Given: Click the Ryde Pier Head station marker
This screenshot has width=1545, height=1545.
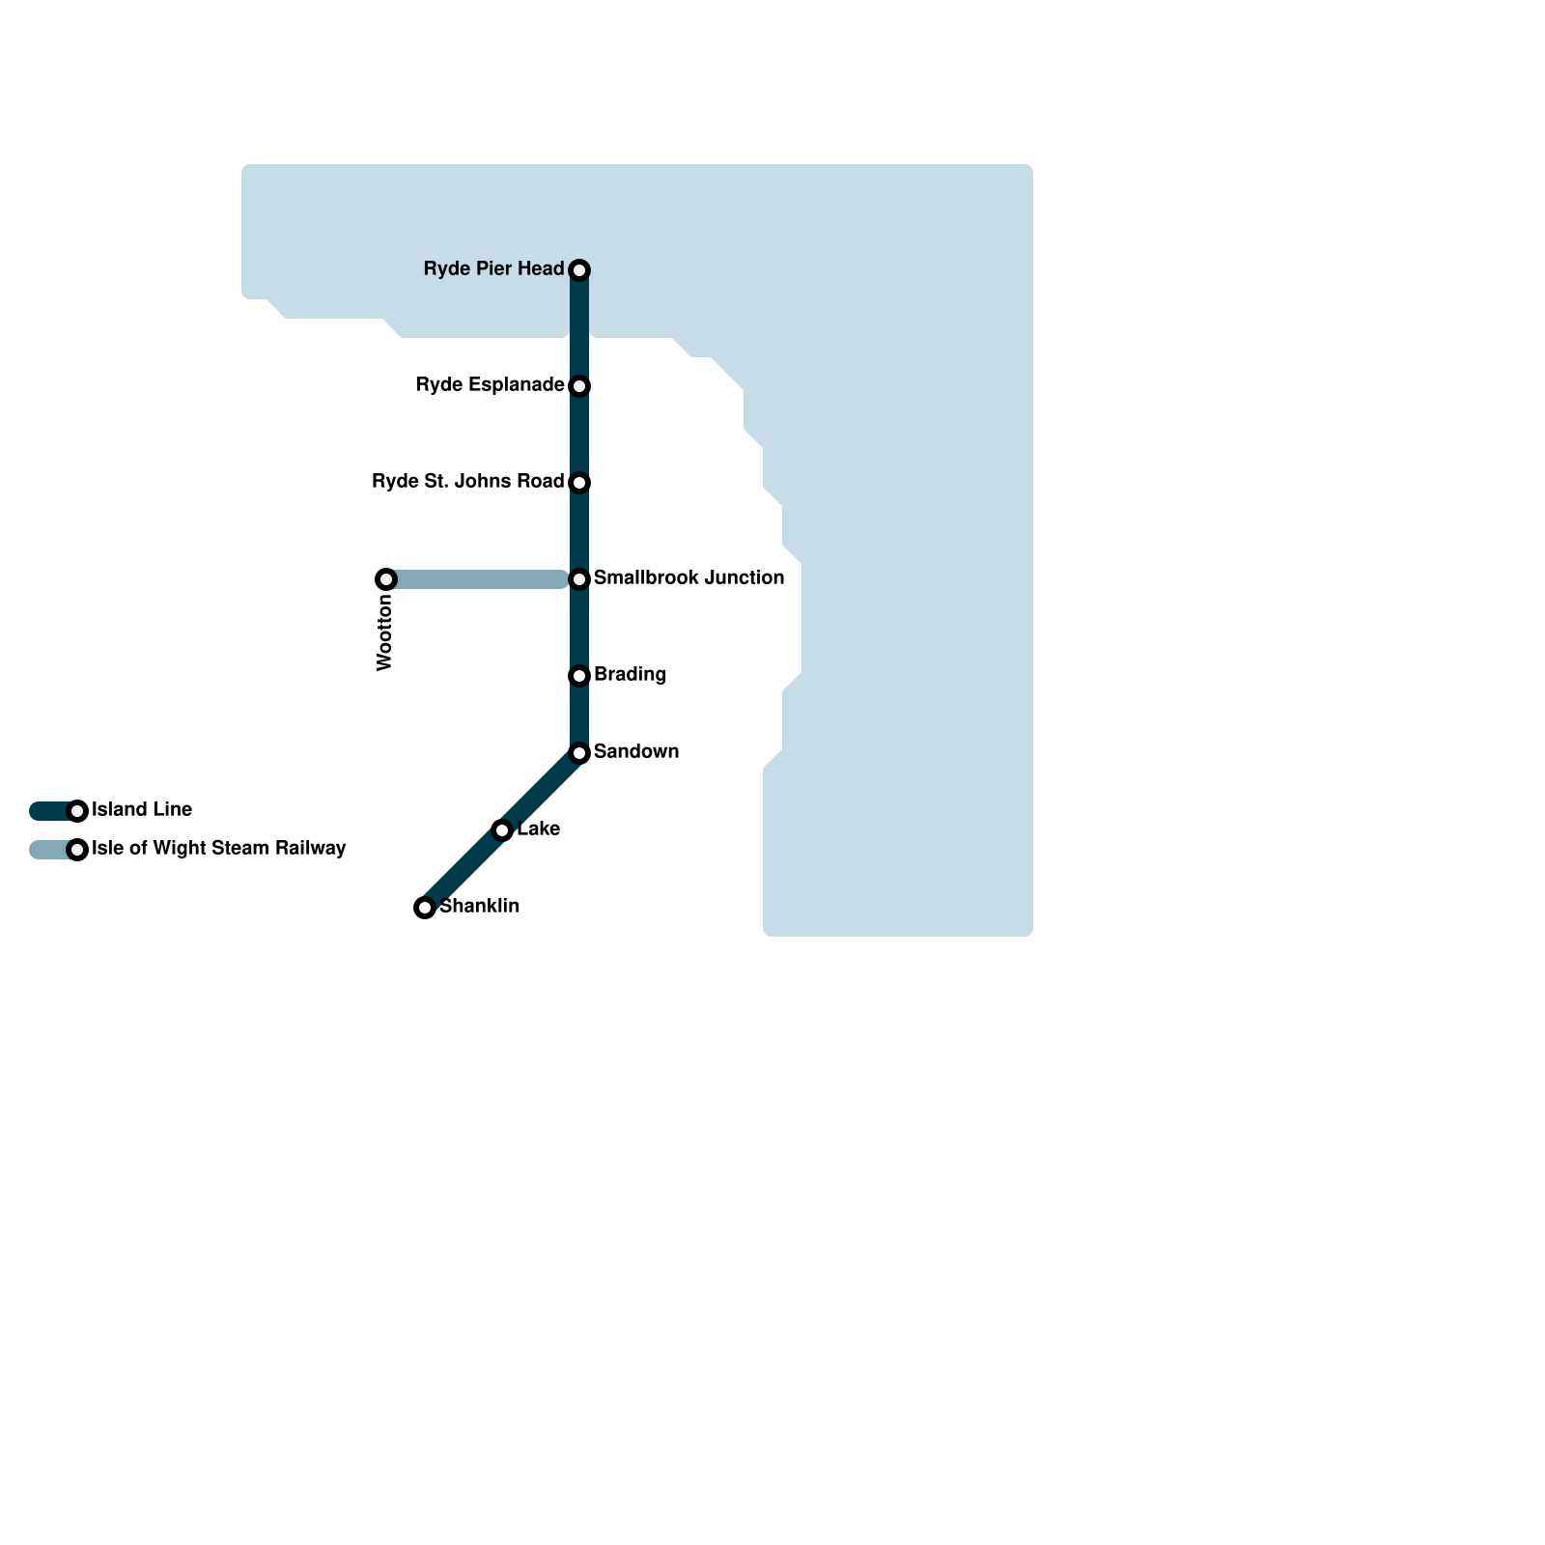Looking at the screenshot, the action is coord(579,270).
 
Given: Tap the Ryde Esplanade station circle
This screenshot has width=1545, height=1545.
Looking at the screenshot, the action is coord(579,386).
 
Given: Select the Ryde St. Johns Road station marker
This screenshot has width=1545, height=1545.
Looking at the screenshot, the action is coord(579,483).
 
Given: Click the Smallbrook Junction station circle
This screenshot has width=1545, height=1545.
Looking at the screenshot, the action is coord(579,579).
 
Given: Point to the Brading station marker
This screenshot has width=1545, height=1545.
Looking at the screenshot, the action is coord(579,676).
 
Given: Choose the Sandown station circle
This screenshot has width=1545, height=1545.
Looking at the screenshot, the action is coord(579,753).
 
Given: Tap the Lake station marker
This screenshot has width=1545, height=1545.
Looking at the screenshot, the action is coord(502,830).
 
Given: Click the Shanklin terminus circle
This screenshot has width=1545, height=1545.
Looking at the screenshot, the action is coord(425,908).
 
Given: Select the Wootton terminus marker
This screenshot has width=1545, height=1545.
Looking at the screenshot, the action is coord(386,579).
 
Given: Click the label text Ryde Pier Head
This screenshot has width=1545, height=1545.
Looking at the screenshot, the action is coord(493,269).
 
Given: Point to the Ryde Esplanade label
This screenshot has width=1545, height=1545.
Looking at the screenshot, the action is coord(490,385).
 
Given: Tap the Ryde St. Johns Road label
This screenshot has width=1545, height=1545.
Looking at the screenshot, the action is coord(467,482).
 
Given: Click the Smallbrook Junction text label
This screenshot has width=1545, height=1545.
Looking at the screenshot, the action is coord(688,578).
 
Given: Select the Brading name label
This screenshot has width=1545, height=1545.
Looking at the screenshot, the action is coord(630,675).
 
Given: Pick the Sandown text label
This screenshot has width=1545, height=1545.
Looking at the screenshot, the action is coord(635,752).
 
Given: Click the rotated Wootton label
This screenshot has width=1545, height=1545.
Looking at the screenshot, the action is coord(385,632).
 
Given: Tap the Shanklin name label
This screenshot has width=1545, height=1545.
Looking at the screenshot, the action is coord(479,907).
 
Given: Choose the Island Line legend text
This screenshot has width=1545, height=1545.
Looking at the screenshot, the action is coord(142,810).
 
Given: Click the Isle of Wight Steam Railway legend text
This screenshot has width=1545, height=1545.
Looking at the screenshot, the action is coord(218,849).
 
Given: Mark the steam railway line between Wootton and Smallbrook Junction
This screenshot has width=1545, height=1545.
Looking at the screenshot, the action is coord(478,579).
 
